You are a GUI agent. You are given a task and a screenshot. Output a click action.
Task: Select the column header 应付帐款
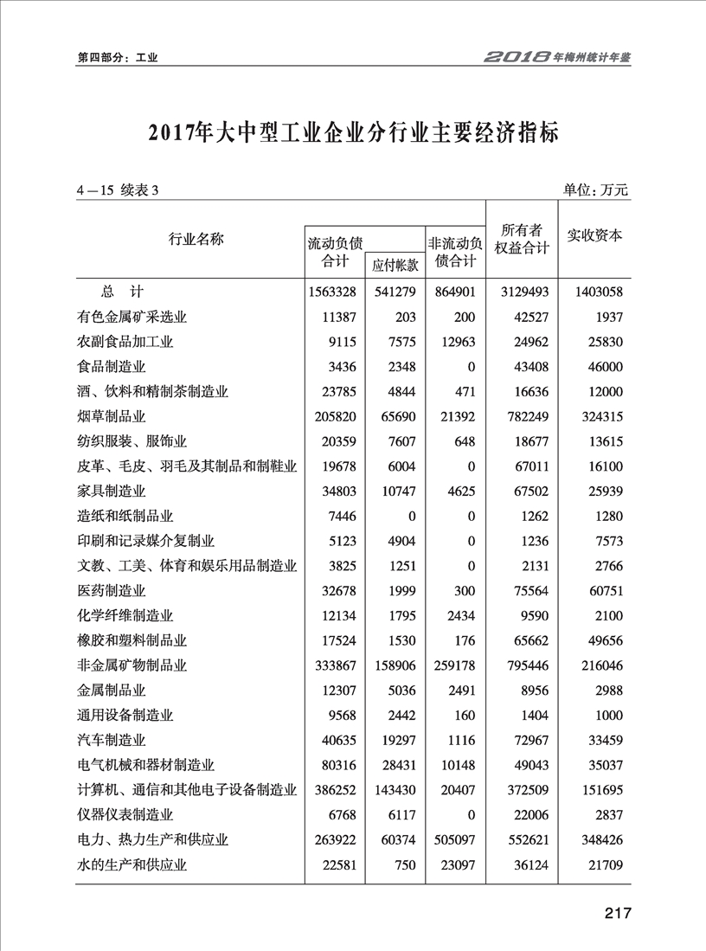(x=395, y=265)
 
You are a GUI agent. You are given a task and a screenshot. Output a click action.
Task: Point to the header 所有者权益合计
(x=522, y=238)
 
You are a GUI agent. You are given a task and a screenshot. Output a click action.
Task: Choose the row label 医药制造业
(x=111, y=590)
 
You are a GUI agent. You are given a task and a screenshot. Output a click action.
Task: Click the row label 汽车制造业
(x=111, y=740)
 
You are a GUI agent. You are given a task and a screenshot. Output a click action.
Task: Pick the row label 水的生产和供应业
(x=132, y=864)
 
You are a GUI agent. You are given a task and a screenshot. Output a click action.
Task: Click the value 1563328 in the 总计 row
(x=332, y=292)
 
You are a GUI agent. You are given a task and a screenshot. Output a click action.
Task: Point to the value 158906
(x=395, y=665)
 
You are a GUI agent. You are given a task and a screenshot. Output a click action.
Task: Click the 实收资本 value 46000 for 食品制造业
(x=602, y=366)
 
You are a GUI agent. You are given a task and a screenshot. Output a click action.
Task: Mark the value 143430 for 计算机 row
(x=395, y=790)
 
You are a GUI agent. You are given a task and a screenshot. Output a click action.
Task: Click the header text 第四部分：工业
(x=117, y=58)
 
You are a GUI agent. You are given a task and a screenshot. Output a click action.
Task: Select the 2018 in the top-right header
(x=517, y=57)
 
